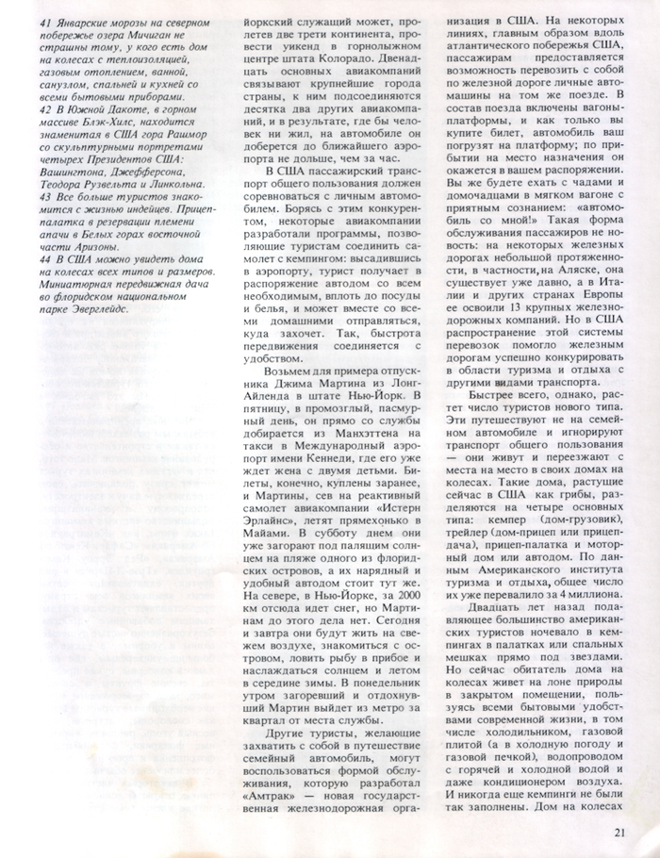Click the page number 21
[x=619, y=831]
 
